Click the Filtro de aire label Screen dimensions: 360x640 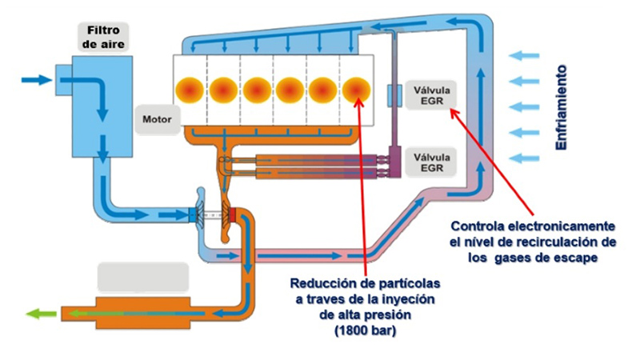pos(102,36)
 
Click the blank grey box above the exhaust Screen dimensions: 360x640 pos(142,277)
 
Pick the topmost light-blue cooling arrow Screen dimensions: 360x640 pos(526,55)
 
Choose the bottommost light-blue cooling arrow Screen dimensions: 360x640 pos(526,157)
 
